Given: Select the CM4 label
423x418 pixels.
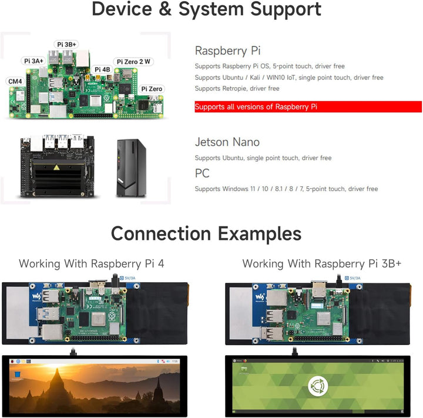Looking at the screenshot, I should [x=15, y=81].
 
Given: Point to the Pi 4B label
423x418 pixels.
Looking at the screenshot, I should [x=102, y=69].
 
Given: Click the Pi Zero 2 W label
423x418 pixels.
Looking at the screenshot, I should [x=135, y=61].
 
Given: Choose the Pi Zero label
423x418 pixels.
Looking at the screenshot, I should [x=152, y=89].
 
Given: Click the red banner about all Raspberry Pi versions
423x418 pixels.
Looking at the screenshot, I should [x=308, y=107].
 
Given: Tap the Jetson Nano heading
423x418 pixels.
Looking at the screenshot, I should [x=227, y=142].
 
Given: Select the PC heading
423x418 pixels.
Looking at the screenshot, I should [x=202, y=173].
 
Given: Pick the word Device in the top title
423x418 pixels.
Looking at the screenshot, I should [x=127, y=9].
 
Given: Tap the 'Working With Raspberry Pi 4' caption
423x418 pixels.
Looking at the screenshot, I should [x=92, y=263].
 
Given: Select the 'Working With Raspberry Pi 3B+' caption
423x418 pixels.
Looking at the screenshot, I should [x=322, y=263].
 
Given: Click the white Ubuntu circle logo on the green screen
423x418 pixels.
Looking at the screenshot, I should [x=317, y=386].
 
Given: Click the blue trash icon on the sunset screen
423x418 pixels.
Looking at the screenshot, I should [x=18, y=374].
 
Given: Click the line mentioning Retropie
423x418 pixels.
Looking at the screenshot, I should [x=237, y=89].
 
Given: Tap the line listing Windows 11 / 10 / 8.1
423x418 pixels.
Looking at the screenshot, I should [x=286, y=189].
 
